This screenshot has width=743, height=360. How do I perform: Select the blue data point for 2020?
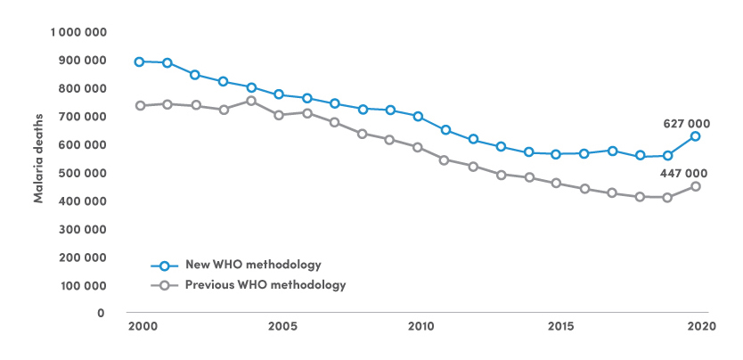point(695,136)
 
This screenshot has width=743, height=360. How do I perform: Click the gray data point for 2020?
point(695,186)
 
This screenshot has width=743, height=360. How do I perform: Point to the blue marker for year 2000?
point(140,61)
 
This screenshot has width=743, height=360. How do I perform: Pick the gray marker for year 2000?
point(140,105)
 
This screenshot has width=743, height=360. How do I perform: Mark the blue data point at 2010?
point(418,116)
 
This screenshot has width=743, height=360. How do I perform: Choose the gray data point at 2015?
point(556,184)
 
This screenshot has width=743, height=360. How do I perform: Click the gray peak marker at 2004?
point(251,101)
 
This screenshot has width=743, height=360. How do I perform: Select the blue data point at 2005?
point(279,94)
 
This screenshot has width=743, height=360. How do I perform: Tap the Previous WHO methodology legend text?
point(265,285)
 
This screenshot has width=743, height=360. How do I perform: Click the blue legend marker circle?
point(164,266)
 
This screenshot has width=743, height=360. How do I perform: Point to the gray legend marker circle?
point(164,286)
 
